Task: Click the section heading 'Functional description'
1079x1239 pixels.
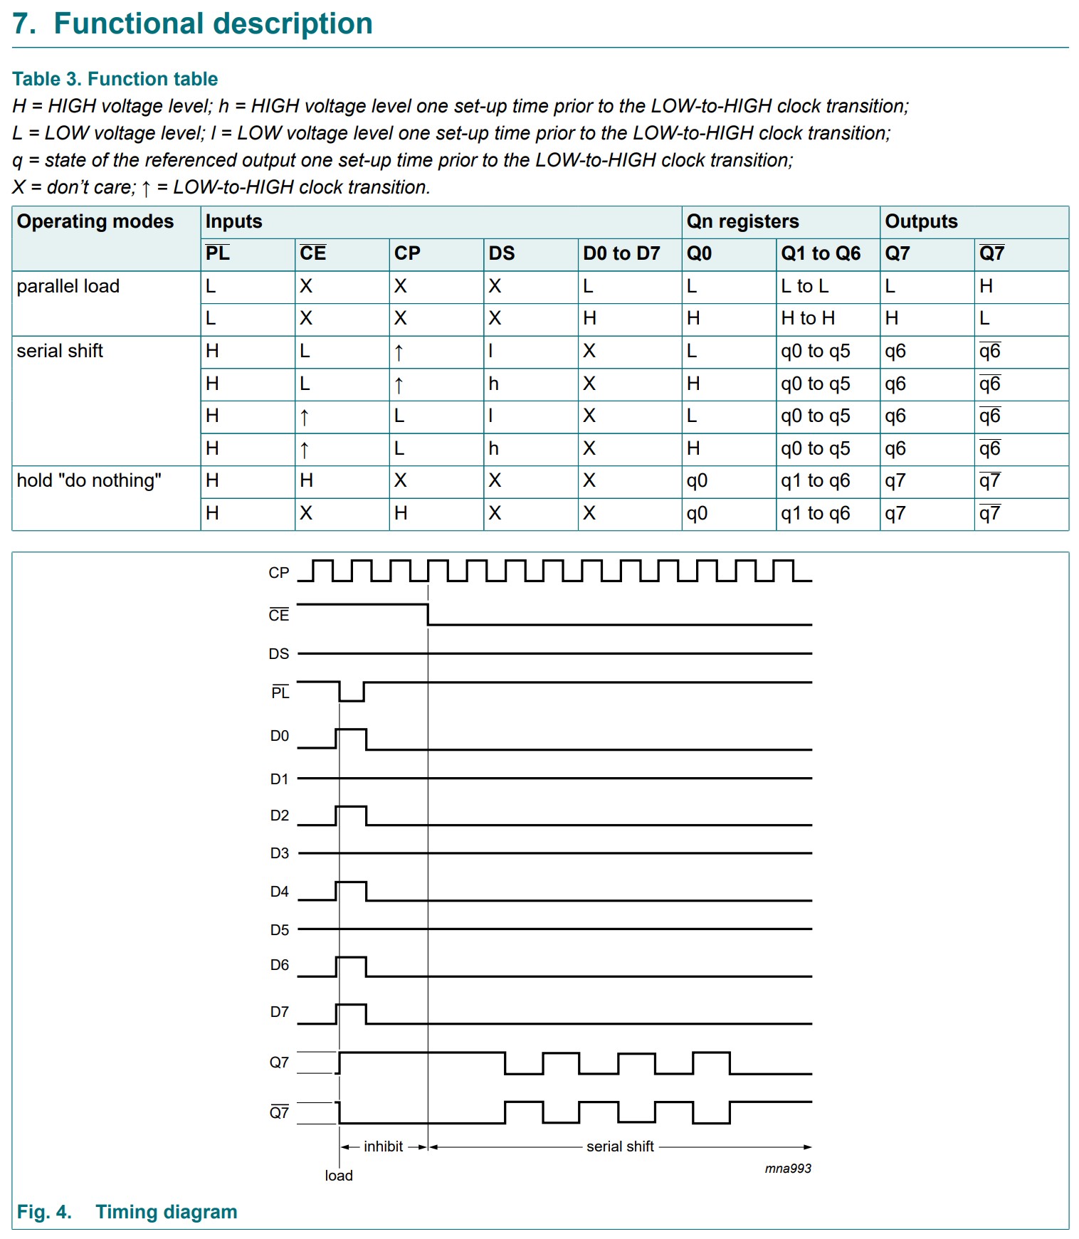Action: tap(213, 23)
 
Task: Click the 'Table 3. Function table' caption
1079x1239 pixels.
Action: tap(115, 79)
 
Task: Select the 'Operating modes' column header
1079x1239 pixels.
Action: tap(95, 221)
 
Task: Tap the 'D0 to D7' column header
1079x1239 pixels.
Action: tap(621, 253)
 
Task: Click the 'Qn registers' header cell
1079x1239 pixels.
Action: tap(742, 221)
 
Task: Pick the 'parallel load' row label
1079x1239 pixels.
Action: tap(68, 286)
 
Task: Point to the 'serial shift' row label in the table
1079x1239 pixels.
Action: tap(60, 351)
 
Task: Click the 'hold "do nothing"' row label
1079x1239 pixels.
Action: tap(89, 480)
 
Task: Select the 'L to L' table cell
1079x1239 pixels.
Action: tap(804, 286)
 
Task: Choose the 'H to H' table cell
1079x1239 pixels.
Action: tap(808, 318)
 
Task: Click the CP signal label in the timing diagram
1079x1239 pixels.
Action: tap(279, 573)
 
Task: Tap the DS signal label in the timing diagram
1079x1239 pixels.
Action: tap(279, 654)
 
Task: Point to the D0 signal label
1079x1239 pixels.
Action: tap(280, 737)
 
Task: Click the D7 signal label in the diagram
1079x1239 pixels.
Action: tap(280, 1012)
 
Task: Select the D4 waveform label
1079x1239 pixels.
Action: tap(280, 892)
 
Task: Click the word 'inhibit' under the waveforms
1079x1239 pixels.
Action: tap(383, 1146)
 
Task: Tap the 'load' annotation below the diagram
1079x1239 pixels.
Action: tap(339, 1176)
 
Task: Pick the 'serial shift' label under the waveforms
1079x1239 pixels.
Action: tap(620, 1146)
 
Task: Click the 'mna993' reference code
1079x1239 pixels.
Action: tap(788, 1169)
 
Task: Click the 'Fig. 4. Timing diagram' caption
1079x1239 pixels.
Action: tap(127, 1212)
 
